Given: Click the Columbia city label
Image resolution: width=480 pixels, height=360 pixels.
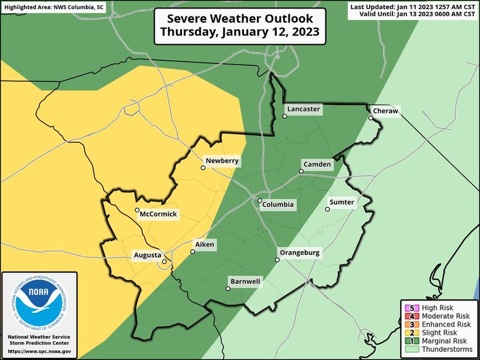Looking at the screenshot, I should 277,205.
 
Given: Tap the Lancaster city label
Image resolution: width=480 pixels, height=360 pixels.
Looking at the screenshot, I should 303,109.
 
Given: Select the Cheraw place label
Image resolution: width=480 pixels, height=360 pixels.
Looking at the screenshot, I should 385,111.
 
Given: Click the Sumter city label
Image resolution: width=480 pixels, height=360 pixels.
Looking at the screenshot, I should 341,203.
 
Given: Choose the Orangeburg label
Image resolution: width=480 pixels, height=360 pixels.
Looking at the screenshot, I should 300,253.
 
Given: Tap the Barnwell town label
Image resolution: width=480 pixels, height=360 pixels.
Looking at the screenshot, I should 245,282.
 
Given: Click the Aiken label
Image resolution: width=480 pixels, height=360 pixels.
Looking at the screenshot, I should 205,245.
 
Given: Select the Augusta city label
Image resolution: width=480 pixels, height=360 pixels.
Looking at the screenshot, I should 147,255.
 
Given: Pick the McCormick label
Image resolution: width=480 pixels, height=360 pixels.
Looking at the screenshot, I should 158,214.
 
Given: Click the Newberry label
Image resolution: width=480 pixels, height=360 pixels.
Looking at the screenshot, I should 222,161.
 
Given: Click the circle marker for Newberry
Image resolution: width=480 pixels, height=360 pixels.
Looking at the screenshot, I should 203,168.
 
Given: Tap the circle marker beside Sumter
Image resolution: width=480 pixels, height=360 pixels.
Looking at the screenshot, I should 327,209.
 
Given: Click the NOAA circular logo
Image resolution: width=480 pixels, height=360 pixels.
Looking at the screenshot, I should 39,303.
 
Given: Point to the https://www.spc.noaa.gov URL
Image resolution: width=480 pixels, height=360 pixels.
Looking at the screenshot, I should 39,351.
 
